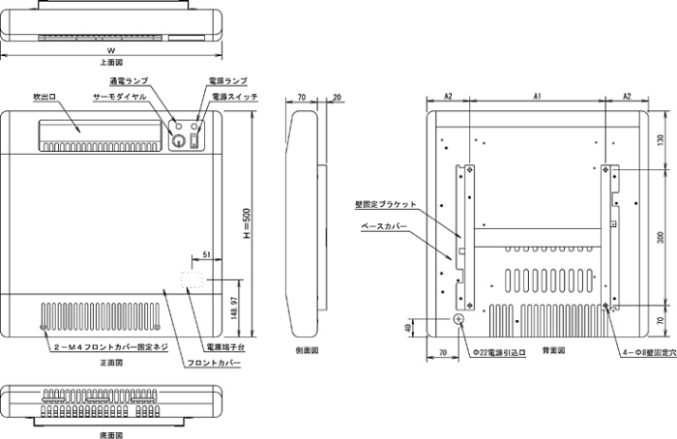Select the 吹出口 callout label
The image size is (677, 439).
[x=44, y=98]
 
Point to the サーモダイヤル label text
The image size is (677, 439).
[x=121, y=98]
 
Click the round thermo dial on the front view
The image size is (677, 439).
[x=178, y=140]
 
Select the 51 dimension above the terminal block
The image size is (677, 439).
[x=207, y=255]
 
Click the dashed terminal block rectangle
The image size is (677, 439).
[x=194, y=279]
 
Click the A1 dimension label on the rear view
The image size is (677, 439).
[x=537, y=97]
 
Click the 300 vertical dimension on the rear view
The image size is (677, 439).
[x=660, y=236]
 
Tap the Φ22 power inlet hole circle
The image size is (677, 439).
[x=459, y=320]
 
